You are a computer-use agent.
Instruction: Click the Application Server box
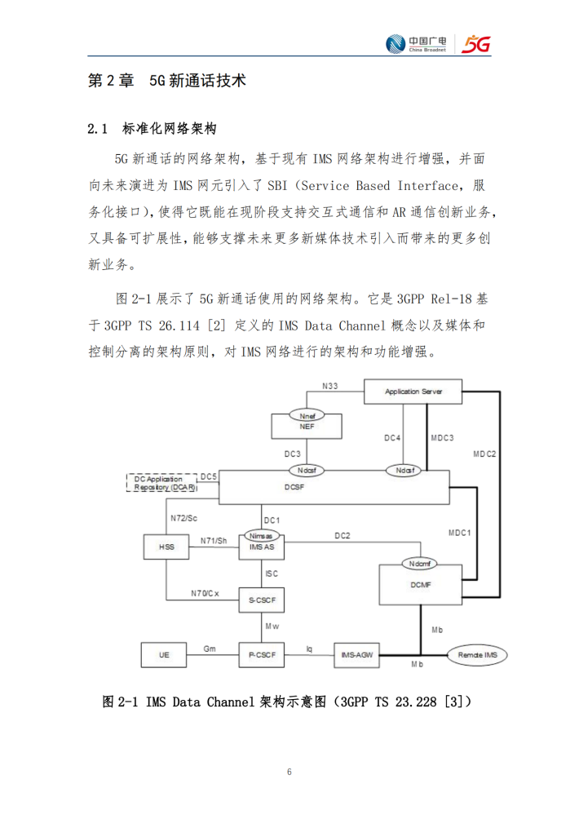click(413, 392)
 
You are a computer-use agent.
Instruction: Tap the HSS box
click(166, 547)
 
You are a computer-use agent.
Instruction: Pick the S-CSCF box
click(262, 600)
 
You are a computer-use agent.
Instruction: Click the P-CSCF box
click(262, 654)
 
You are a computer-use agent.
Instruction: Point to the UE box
click(164, 654)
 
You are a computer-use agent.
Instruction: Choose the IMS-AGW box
click(356, 654)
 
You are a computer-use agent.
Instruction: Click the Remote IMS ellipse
click(477, 655)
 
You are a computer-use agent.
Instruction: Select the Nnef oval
click(307, 416)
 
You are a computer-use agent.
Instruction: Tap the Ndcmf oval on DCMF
click(419, 564)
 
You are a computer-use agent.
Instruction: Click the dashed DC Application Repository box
click(162, 483)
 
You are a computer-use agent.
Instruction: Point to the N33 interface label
click(330, 386)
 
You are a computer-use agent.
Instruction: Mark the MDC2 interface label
click(484, 454)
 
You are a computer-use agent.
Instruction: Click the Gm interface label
click(210, 649)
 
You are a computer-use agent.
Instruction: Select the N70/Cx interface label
click(205, 593)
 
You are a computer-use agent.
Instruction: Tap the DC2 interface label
click(343, 535)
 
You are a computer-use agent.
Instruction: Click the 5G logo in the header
click(476, 44)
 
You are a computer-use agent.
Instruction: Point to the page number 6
click(289, 772)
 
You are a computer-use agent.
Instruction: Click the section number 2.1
click(98, 129)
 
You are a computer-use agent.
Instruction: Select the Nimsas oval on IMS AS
click(261, 536)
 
